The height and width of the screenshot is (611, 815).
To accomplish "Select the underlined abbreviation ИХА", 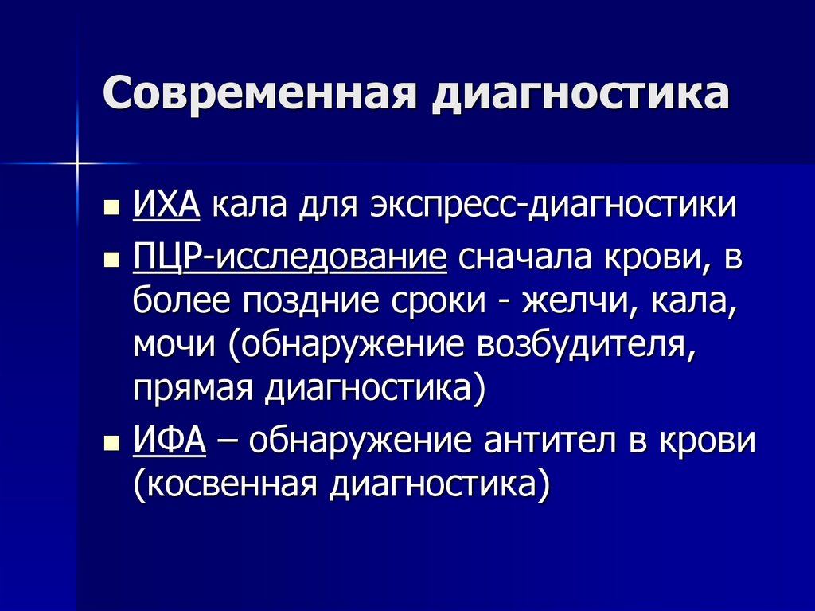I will (166, 206).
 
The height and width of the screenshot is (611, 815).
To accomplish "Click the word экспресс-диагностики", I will (552, 206).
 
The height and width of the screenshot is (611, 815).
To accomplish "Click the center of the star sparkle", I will (77, 163).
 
